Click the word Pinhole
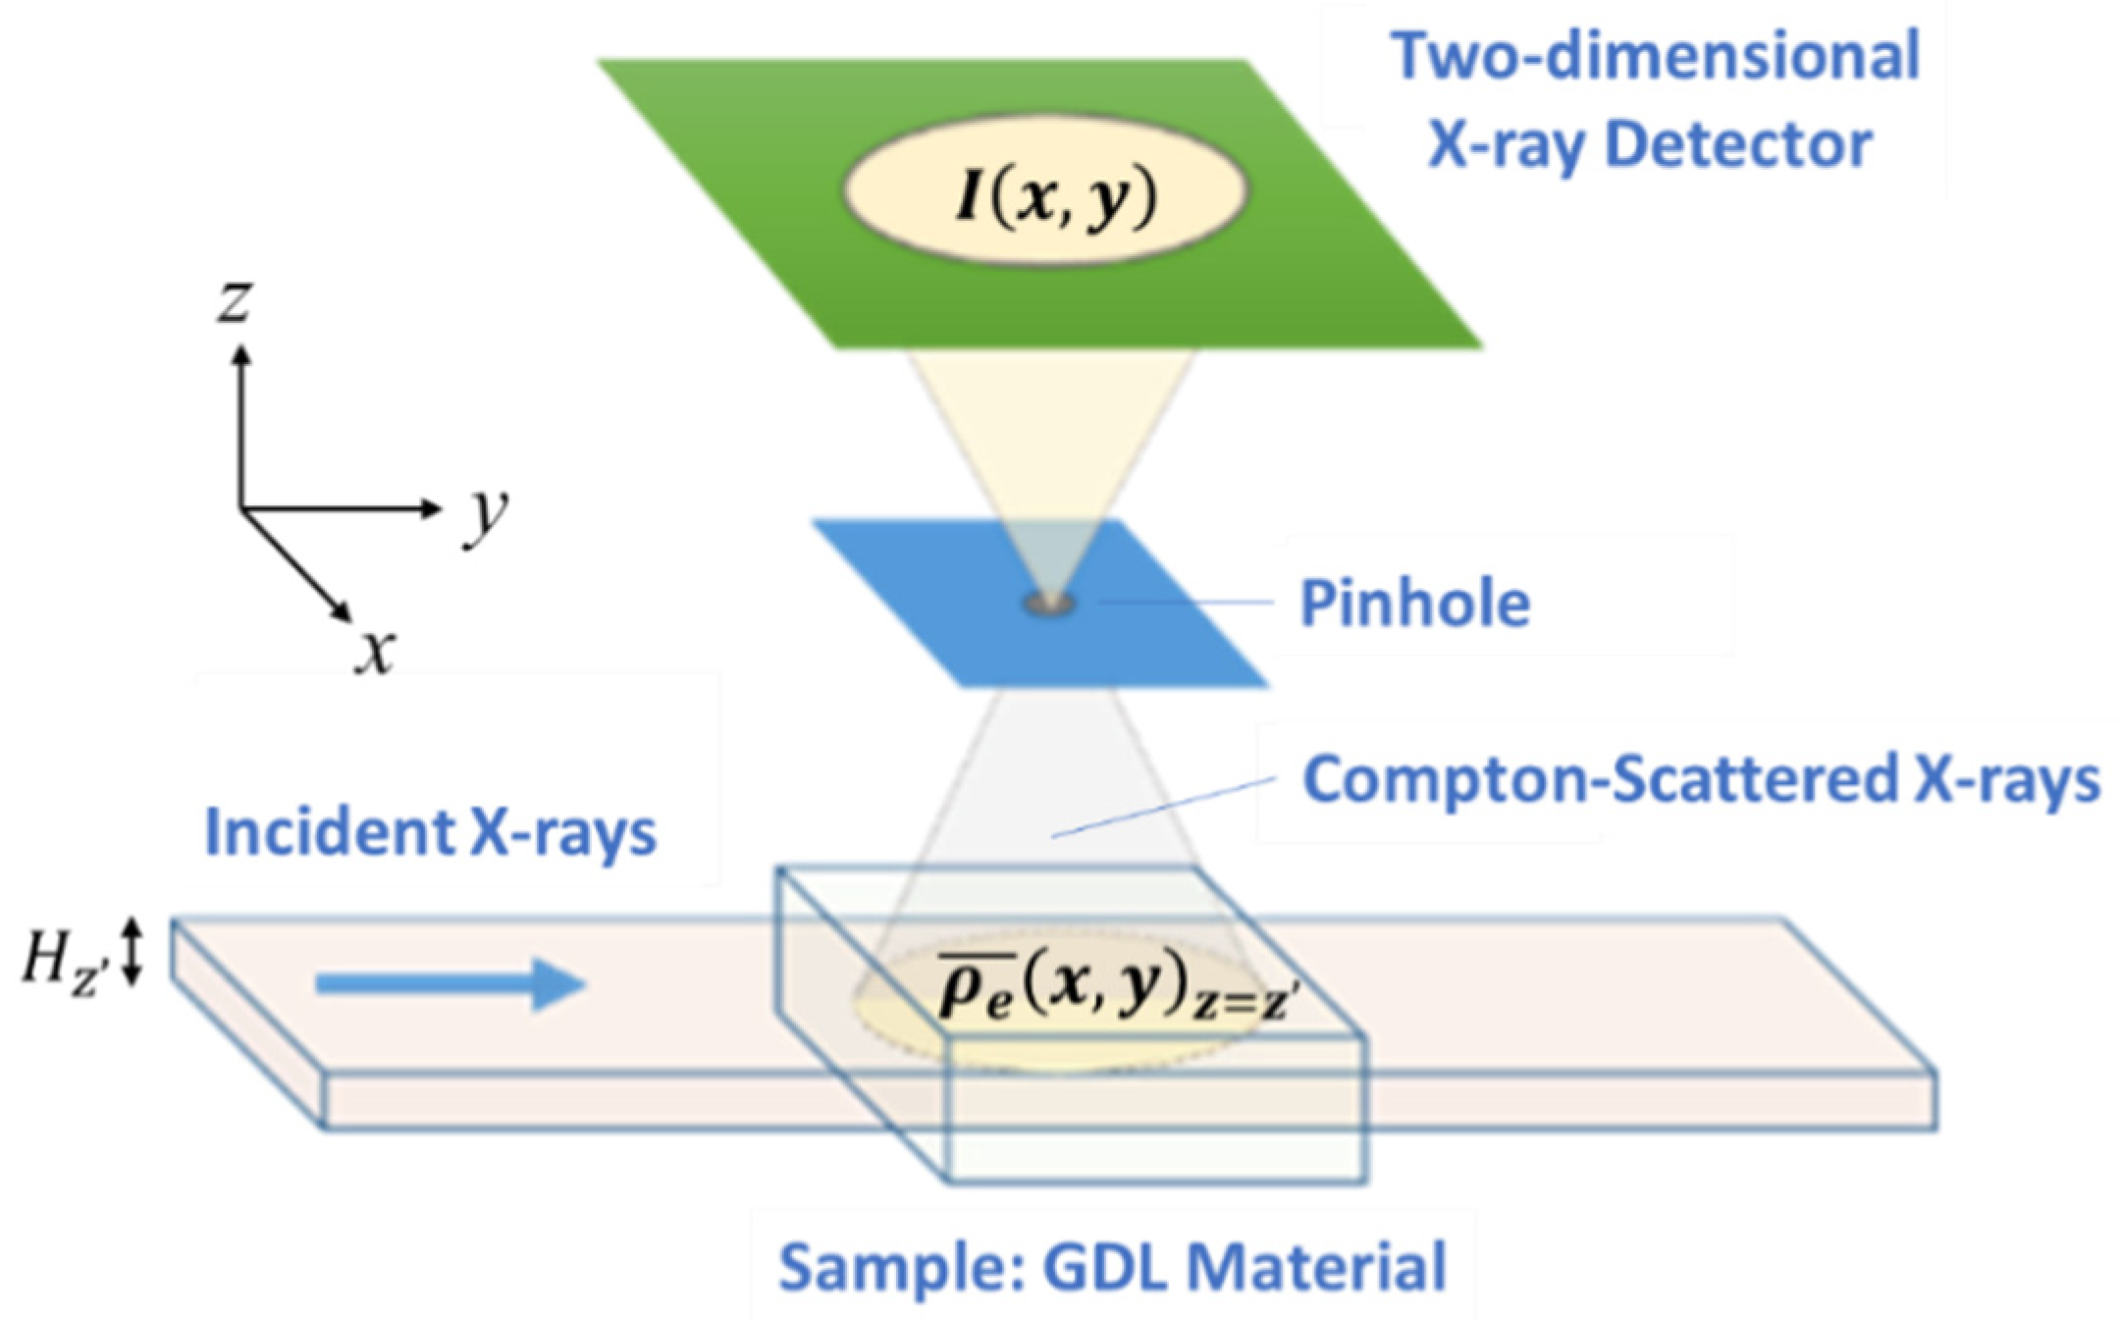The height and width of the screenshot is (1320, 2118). click(x=1414, y=603)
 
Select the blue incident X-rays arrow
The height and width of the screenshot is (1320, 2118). click(x=450, y=983)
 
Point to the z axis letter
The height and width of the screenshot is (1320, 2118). click(x=235, y=301)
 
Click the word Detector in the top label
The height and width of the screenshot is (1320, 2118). click(x=1737, y=145)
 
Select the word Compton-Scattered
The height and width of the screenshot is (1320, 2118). click(x=1600, y=779)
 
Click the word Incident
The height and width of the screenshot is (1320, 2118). click(x=330, y=832)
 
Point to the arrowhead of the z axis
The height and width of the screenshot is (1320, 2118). click(x=240, y=353)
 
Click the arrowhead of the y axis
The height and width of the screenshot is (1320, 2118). click(x=432, y=507)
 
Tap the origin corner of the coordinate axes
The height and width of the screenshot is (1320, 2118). click(x=241, y=508)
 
